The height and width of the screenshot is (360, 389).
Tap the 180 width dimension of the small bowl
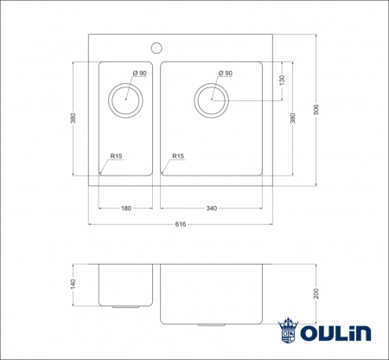coord(125,209)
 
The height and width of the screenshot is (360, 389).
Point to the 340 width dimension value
coord(211,209)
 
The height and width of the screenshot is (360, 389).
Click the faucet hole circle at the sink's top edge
coord(157,47)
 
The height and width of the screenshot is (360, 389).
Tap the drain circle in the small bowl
coord(126,98)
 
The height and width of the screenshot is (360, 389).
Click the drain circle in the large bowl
coord(211,99)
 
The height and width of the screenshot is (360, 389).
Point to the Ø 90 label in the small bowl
coord(140,74)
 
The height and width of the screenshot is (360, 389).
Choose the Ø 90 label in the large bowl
coord(226,74)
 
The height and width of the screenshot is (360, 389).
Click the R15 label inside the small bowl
coord(116,157)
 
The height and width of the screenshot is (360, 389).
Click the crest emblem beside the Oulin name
coord(288,332)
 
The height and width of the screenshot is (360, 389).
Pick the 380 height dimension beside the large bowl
coord(295,118)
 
